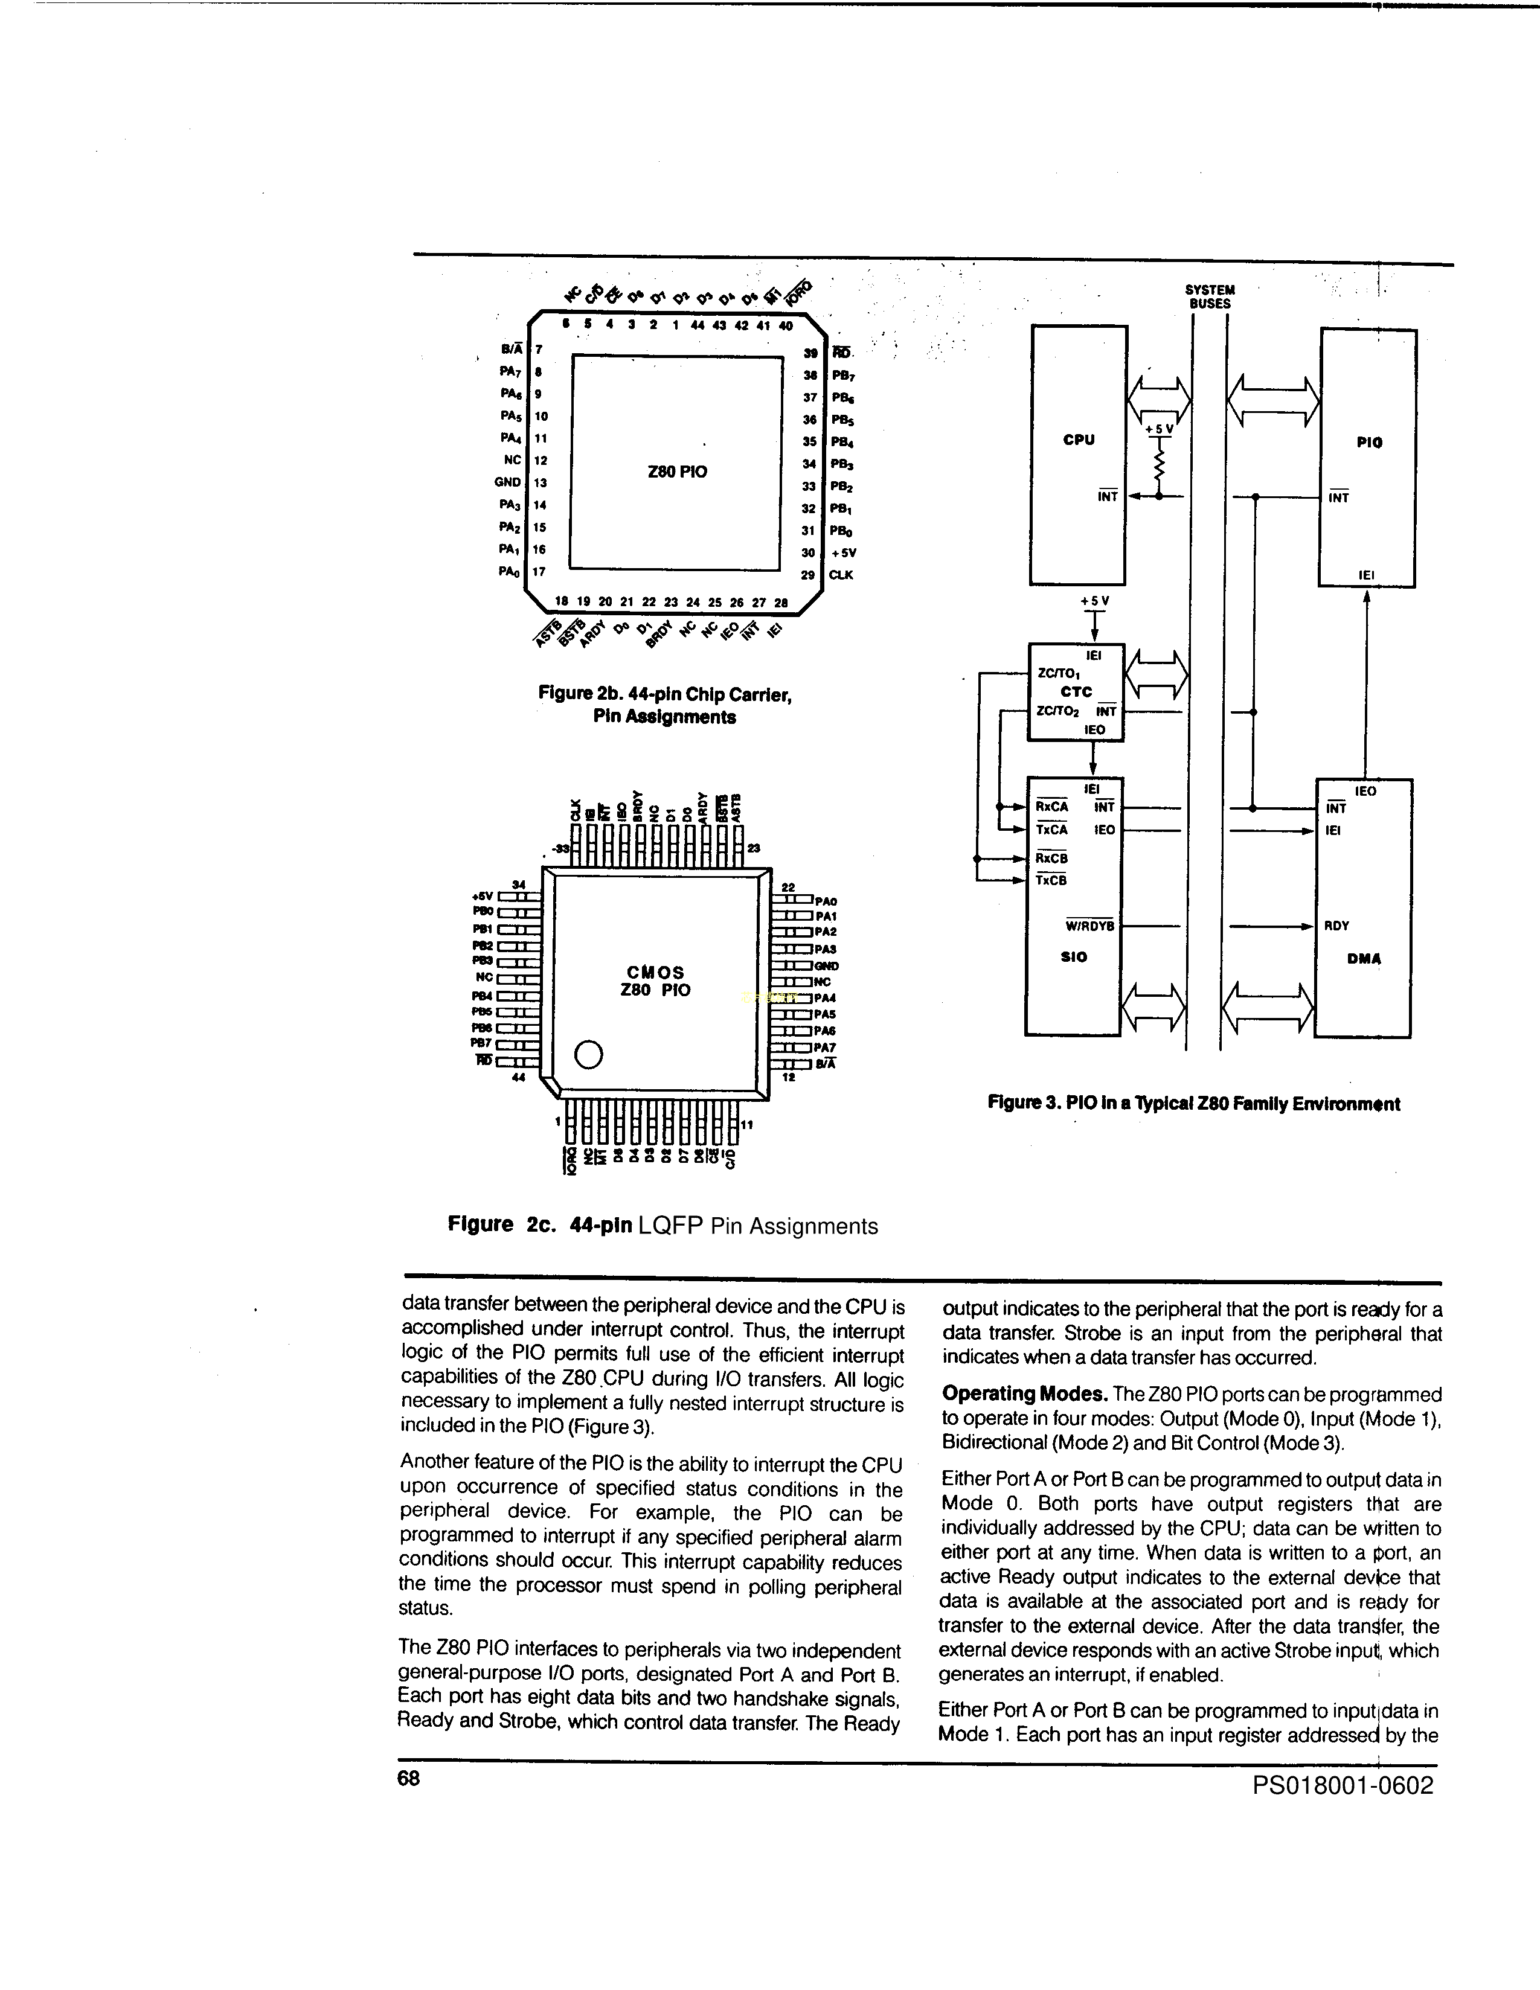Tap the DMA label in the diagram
coord(1363,959)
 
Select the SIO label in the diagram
coord(1074,957)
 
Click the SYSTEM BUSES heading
coord(1209,297)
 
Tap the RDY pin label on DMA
coord(1337,926)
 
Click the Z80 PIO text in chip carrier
coord(677,472)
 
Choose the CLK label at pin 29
coord(840,575)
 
